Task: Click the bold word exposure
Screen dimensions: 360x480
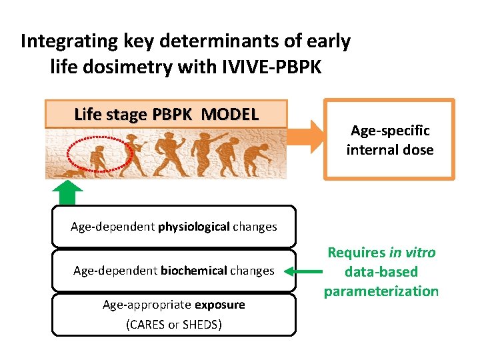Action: coord(219,305)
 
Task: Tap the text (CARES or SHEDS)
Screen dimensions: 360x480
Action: coord(173,325)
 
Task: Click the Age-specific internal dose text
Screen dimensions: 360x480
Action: coord(389,140)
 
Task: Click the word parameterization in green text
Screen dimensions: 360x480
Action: coord(381,291)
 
